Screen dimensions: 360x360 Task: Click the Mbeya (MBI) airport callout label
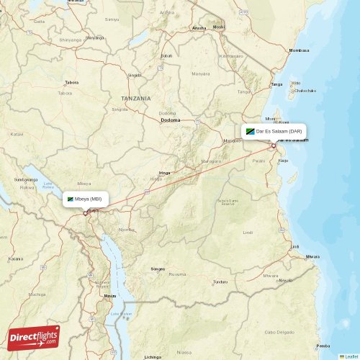point(86,198)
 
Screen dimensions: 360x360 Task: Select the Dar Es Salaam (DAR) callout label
point(274,132)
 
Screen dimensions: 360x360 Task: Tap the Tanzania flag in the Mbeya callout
point(71,199)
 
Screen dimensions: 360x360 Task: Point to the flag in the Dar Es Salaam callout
point(251,132)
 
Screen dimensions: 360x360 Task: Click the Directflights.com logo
point(34,336)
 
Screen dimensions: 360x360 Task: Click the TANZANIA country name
point(136,98)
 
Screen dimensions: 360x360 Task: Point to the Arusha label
point(199,28)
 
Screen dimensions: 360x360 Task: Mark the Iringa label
point(165,173)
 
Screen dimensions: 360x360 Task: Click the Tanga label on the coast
point(276,84)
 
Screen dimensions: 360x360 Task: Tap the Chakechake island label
point(305,91)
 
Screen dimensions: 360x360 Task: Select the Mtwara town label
point(312,256)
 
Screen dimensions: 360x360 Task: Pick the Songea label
point(157,269)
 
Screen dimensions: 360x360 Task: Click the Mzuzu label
point(109,296)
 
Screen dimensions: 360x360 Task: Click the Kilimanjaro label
point(231,55)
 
